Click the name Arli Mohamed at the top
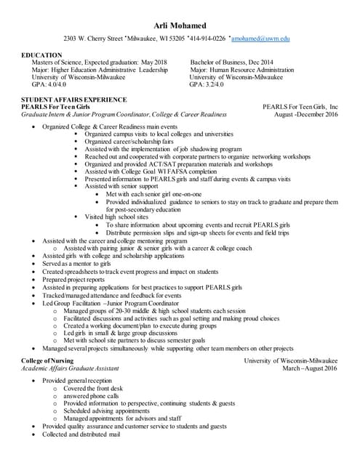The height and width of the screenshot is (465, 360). [x=180, y=25]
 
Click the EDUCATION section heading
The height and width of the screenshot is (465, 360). [x=41, y=55]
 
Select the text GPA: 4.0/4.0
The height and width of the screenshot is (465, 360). [x=44, y=84]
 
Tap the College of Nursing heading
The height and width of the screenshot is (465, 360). [x=49, y=360]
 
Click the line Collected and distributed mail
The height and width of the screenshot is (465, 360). [x=81, y=434]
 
